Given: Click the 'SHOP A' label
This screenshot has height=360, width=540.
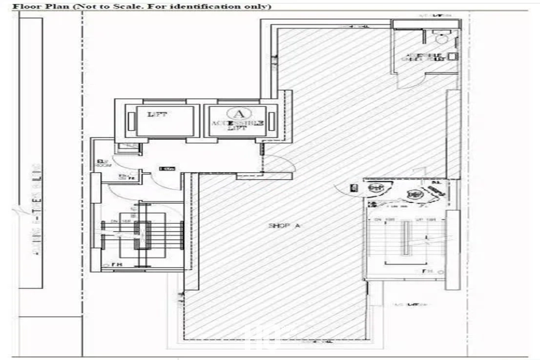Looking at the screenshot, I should point(284,226).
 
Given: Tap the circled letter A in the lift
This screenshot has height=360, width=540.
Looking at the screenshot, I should point(238,113).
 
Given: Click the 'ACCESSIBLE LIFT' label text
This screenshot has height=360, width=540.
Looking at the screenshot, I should point(238,125).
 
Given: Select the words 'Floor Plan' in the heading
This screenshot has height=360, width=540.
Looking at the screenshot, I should point(35,6).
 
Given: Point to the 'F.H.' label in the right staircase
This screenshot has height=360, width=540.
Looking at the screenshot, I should point(428,271).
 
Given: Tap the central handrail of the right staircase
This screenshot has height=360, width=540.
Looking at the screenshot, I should point(406,238).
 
